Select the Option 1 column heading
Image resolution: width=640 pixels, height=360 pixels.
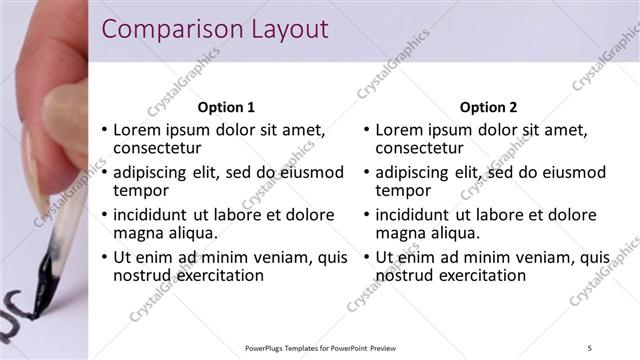pyautogui.click(x=226, y=107)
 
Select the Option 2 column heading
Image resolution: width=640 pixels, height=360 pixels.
pyautogui.click(x=488, y=107)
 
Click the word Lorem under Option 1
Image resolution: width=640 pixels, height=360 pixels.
pyautogui.click(x=137, y=130)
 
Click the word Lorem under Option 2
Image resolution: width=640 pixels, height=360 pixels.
pyautogui.click(x=399, y=130)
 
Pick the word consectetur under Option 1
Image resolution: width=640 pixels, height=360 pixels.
pyautogui.click(x=157, y=149)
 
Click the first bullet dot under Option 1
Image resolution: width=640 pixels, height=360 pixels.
pyautogui.click(x=104, y=131)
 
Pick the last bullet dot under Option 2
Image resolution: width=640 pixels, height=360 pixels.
pyautogui.click(x=366, y=258)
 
